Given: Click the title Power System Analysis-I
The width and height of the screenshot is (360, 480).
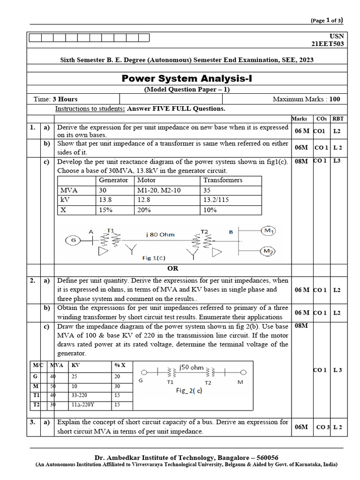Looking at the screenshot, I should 187,78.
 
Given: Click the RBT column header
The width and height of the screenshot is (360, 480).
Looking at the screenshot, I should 337,119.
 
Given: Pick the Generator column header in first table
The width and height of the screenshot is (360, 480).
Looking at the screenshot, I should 113,180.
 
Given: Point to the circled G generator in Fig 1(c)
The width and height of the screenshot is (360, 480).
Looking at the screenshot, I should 73,240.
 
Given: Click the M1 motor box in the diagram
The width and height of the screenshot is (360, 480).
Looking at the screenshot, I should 269,231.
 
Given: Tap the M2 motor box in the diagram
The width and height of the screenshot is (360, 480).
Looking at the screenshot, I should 269,252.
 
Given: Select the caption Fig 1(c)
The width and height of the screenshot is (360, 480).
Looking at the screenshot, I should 154,258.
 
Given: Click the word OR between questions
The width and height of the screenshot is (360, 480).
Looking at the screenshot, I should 173,268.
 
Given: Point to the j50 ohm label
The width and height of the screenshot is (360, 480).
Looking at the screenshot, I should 191,367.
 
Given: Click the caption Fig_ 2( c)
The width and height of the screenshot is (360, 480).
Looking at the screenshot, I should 189,390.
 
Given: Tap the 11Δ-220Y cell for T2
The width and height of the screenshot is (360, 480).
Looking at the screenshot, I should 84,405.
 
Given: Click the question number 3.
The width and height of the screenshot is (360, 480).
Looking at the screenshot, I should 32,422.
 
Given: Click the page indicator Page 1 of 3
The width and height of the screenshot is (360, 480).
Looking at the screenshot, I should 326,20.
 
